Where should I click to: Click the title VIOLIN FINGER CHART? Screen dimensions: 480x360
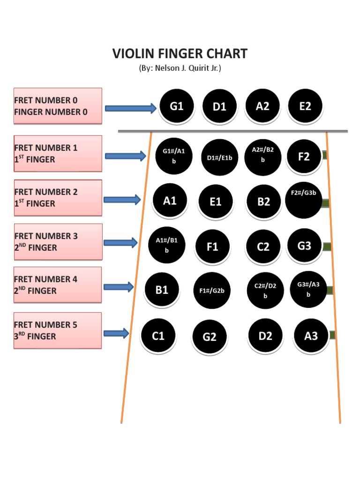coord(180,53)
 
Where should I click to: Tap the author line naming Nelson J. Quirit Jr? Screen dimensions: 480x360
coord(180,68)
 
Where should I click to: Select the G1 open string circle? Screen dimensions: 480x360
coord(177,106)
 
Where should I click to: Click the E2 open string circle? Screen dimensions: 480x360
coord(305,106)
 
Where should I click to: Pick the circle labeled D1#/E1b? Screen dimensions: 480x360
coord(219,157)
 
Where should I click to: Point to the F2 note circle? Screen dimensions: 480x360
coord(304,157)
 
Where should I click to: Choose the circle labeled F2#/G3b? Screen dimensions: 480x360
coord(304,200)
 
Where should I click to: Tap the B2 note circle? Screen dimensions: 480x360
coord(264,202)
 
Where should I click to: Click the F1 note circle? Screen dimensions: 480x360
coord(213,247)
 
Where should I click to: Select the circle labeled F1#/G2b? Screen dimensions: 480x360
coord(212,291)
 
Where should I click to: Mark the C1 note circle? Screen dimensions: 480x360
coord(158,336)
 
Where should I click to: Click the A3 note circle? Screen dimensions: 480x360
coord(311,336)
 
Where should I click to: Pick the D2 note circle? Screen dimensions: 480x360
coord(265,336)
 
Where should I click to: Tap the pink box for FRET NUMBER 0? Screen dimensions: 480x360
coord(58,106)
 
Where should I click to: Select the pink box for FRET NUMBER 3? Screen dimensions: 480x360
coord(58,242)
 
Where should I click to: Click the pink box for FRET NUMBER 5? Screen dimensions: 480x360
coord(58,330)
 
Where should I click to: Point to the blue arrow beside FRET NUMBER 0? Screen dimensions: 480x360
coord(130,109)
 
